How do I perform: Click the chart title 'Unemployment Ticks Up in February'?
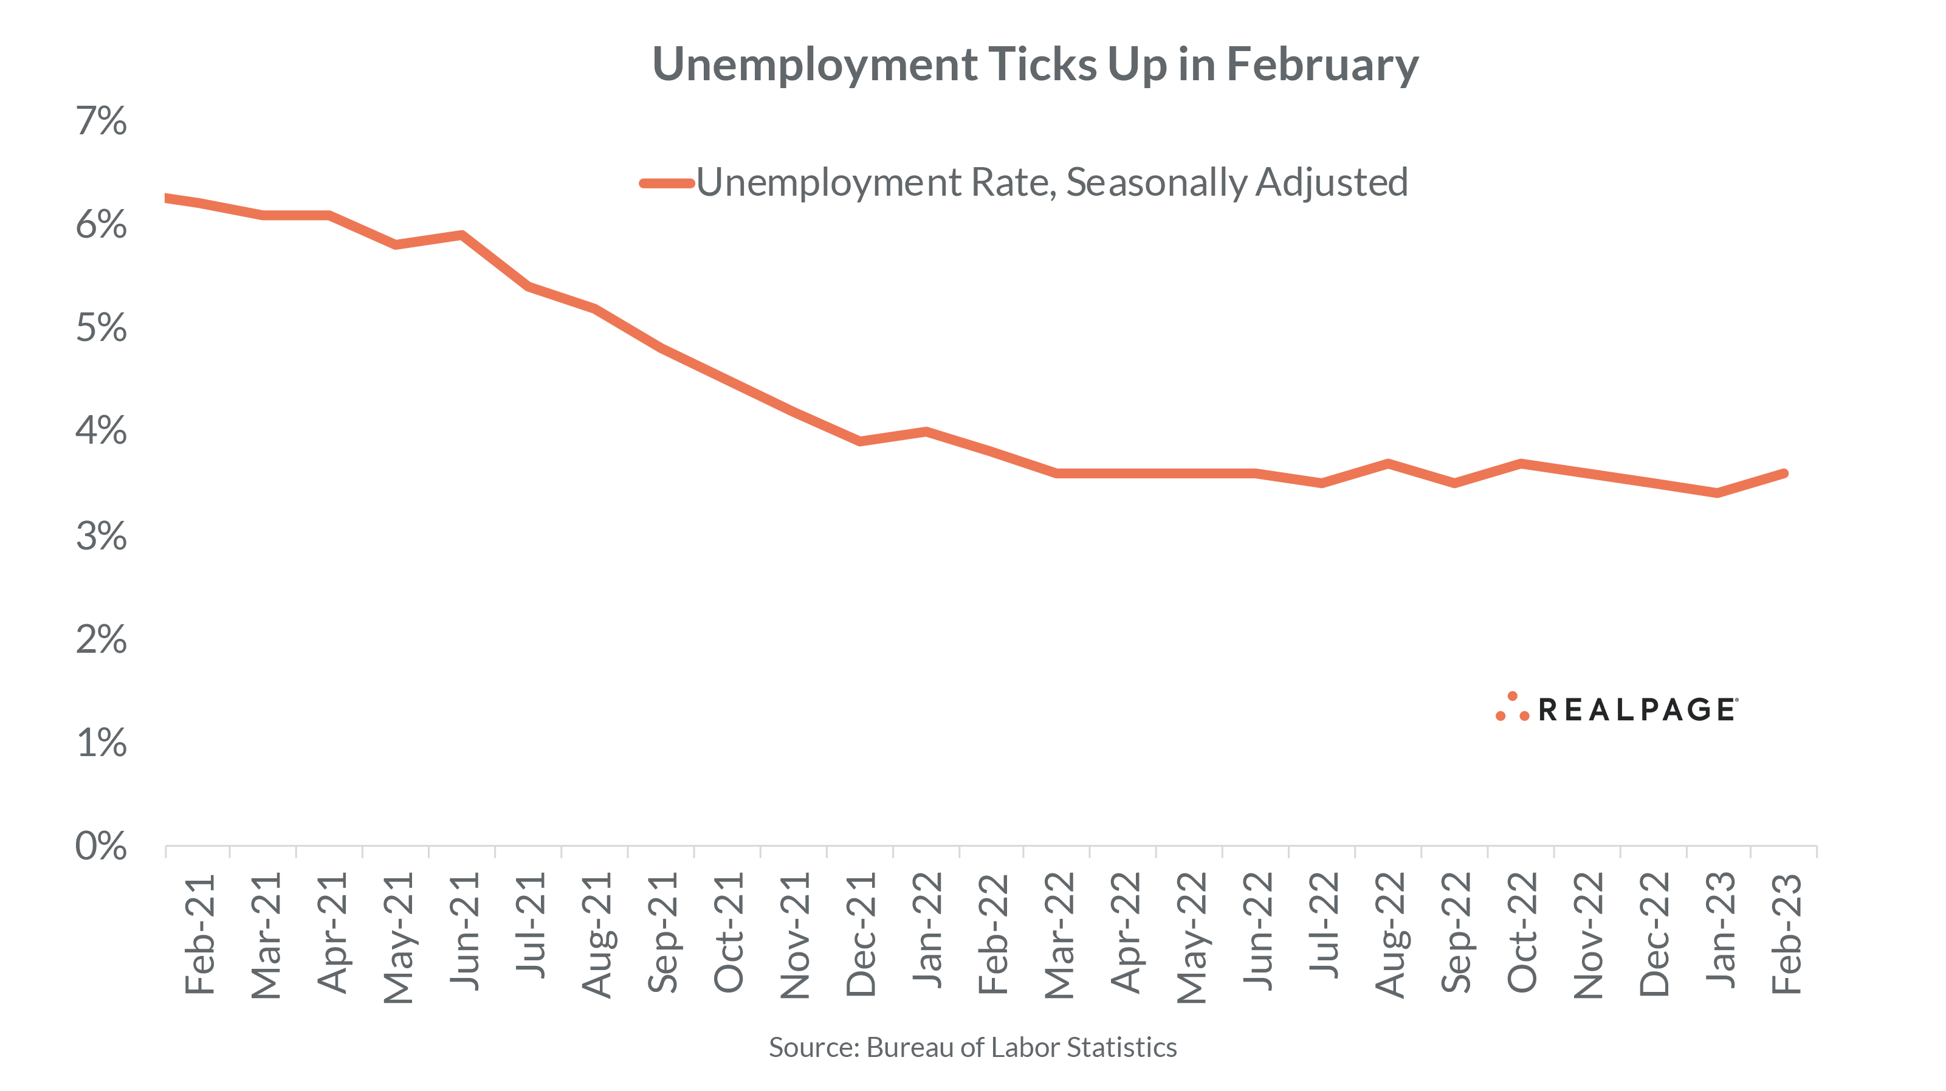[x=1035, y=64]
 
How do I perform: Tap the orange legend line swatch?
[x=666, y=183]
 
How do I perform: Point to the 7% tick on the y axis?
[x=101, y=121]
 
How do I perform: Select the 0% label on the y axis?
[x=101, y=846]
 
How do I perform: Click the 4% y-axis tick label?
[x=101, y=432]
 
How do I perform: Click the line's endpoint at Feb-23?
[x=1784, y=473]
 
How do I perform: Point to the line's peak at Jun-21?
[x=461, y=235]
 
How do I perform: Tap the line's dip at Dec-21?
[x=860, y=441]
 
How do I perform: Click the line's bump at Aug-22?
[x=1387, y=463]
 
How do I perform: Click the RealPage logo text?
[x=1637, y=710]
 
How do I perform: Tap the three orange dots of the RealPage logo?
[x=1511, y=708]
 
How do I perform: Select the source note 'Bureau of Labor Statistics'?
[x=1022, y=1048]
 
